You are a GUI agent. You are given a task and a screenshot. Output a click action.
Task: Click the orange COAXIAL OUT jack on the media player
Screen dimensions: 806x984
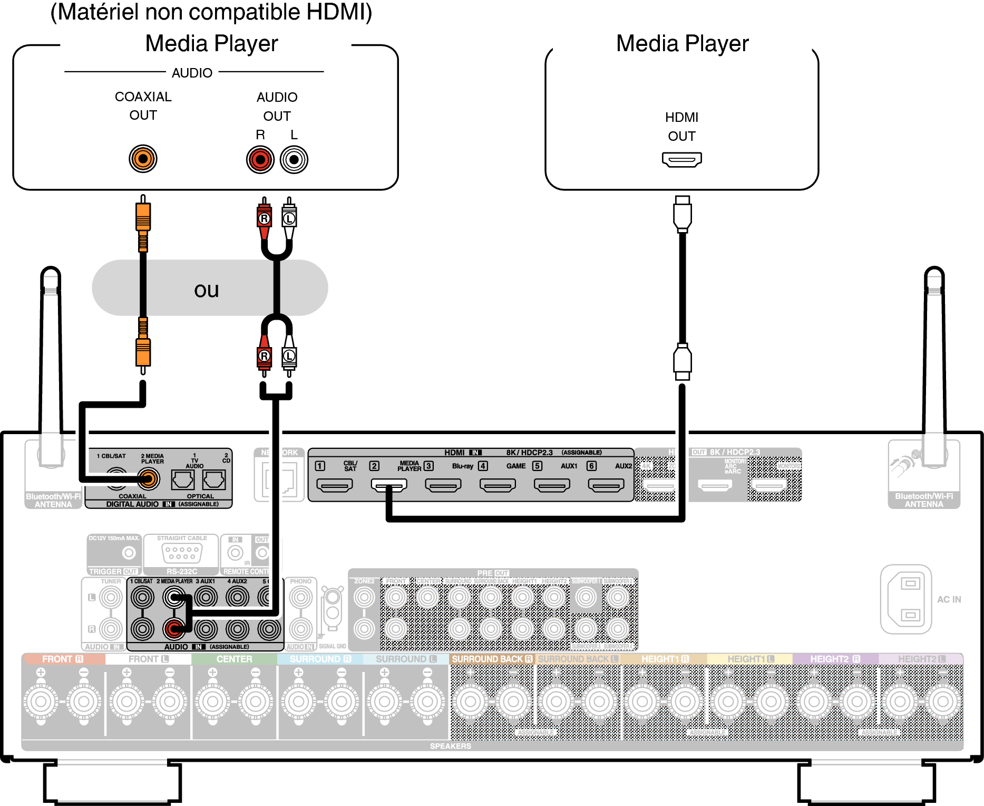click(143, 158)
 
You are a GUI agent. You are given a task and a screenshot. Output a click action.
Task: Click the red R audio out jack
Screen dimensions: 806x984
click(260, 159)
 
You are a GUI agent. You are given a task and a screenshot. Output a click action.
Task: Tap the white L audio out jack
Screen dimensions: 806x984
click(294, 159)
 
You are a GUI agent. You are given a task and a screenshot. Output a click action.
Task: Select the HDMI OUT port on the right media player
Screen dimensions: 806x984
click(681, 159)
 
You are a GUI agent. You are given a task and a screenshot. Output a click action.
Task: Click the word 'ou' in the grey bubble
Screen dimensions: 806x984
click(206, 290)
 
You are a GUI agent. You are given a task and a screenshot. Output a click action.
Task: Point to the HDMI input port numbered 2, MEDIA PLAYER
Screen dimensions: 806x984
click(389, 484)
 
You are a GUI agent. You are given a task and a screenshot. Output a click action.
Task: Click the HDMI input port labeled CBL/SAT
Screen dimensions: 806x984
click(334, 484)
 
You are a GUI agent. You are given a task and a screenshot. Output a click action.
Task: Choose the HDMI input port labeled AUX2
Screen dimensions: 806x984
click(606, 484)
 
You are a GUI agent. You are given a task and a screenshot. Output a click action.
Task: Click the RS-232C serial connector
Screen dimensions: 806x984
click(181, 553)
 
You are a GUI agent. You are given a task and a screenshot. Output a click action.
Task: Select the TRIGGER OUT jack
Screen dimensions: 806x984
click(129, 553)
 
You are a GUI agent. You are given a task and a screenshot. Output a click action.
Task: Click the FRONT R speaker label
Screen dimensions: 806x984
click(63, 659)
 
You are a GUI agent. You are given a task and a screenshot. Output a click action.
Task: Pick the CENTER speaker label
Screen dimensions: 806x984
click(234, 659)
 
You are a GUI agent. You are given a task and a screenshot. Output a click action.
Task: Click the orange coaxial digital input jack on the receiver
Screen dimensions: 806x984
click(148, 479)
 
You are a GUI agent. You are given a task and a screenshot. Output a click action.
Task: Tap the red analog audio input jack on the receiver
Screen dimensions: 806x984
click(173, 628)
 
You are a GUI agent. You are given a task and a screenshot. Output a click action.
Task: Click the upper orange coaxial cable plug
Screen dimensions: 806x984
click(143, 217)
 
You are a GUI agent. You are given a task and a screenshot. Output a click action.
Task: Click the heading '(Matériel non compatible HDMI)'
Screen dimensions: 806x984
click(211, 12)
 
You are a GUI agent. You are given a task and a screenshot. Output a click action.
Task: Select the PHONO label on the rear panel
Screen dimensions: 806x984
click(300, 581)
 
